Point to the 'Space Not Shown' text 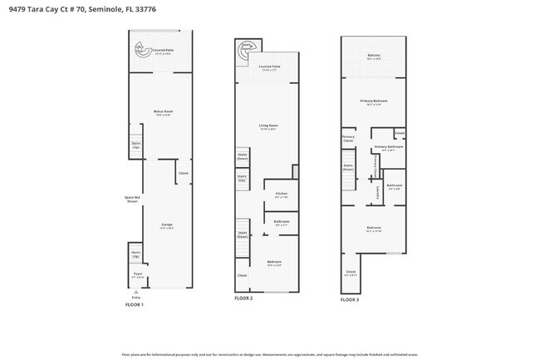tap(132, 199)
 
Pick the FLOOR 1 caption tap(135, 305)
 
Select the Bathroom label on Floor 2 tap(281, 221)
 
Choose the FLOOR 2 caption tap(243, 298)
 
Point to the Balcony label tap(374, 57)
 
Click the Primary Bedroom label tap(374, 101)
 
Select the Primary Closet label tap(348, 138)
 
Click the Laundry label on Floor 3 tap(378, 192)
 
